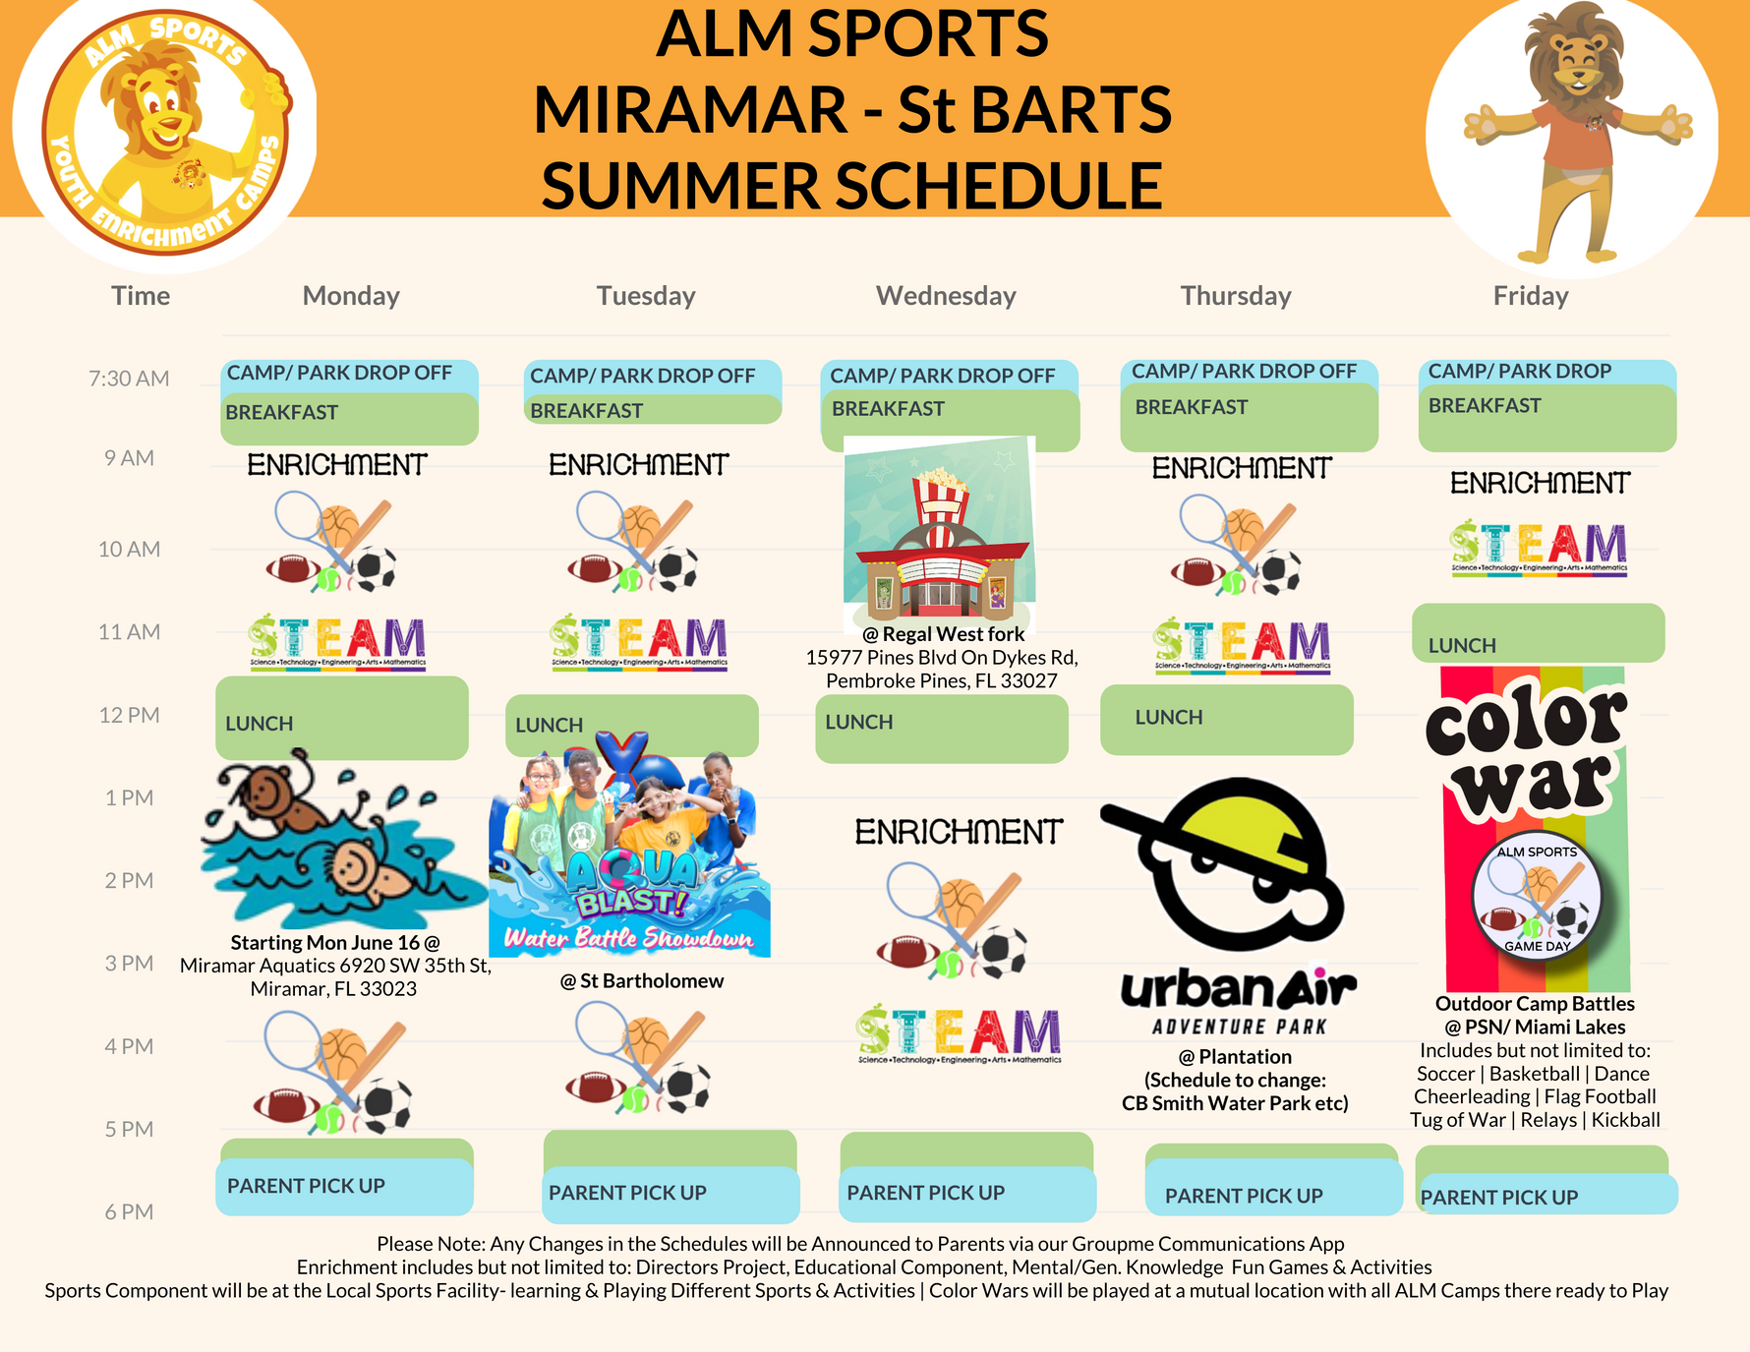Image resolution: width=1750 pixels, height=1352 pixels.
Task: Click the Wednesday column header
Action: (x=946, y=296)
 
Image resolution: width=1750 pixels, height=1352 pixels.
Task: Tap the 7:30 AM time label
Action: (x=129, y=379)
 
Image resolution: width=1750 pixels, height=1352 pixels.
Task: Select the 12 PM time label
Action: (x=129, y=715)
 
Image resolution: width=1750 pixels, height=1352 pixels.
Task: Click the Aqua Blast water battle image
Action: (x=629, y=846)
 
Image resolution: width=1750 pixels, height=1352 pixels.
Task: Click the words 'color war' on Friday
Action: (x=1526, y=752)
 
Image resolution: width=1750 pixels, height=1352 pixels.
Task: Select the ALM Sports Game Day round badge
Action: (x=1537, y=898)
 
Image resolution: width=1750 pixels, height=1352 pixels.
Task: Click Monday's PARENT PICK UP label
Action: (x=306, y=1186)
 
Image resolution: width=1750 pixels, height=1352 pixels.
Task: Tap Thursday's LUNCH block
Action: (x=1169, y=718)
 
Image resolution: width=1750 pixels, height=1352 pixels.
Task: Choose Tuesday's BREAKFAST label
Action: (x=587, y=411)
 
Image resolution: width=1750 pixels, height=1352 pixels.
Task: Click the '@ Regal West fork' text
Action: (x=943, y=634)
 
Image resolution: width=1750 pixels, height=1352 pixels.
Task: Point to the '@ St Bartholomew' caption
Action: (x=642, y=980)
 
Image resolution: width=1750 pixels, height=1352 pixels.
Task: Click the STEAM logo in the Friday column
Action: (x=1539, y=547)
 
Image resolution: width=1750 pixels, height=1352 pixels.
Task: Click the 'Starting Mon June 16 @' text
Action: (x=335, y=942)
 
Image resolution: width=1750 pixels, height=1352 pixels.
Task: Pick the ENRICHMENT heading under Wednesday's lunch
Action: (x=959, y=832)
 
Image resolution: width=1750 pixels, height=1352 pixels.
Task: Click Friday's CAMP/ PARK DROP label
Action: (x=1520, y=371)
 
